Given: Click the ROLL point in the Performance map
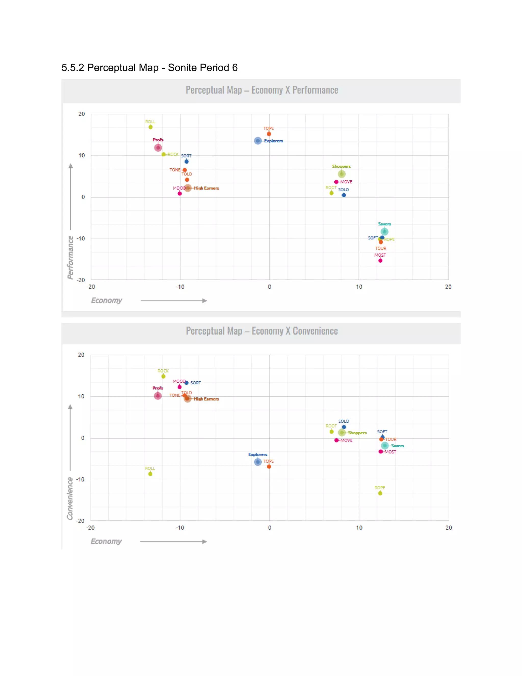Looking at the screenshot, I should (151, 127).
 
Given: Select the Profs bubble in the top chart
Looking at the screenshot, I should (158, 148).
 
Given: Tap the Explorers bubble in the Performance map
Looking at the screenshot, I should (258, 141).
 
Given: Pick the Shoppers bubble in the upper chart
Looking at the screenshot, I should (341, 174).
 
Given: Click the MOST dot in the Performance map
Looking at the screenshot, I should (380, 261).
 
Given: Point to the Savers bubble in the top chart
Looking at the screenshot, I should (384, 232).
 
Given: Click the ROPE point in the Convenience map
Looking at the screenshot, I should (380, 493).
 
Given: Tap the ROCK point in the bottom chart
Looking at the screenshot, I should (163, 376).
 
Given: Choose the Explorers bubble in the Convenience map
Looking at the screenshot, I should (258, 462).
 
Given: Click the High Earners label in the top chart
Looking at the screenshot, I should (206, 188).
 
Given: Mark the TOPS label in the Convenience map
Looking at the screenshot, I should (268, 461).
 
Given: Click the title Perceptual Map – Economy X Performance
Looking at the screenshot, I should (262, 90).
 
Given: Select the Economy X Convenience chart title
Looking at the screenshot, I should (262, 331).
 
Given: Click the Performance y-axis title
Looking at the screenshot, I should (71, 257).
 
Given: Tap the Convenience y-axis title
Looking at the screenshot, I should (70, 498).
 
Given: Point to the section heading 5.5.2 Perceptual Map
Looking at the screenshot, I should (149, 68).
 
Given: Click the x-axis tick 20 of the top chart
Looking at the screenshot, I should (448, 287).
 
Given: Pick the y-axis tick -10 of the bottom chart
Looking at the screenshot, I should (80, 480).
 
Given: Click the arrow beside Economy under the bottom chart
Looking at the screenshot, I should (173, 541).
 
